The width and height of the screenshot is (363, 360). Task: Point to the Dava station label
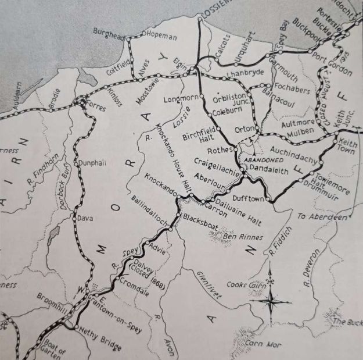85,218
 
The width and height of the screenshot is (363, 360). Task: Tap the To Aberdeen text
322,216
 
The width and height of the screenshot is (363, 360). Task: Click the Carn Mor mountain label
265,345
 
